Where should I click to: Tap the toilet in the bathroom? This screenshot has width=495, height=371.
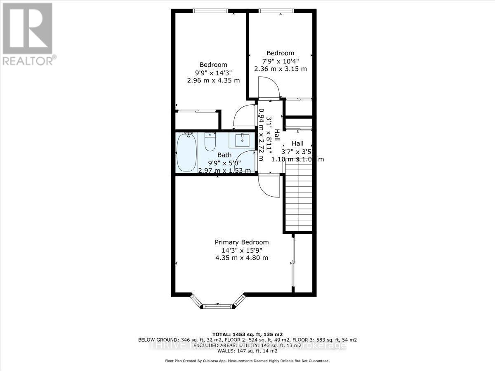[210, 143]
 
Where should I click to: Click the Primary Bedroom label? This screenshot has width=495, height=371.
[241, 242]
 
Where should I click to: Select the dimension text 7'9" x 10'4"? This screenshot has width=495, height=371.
[280, 61]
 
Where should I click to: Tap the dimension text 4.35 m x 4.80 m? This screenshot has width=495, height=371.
[241, 258]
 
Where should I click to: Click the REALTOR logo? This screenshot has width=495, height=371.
[28, 33]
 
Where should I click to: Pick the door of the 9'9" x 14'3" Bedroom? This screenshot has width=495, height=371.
[244, 115]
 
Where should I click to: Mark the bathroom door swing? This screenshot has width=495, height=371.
[247, 160]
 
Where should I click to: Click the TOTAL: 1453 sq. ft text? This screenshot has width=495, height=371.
[247, 334]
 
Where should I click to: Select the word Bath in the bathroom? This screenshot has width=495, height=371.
[224, 155]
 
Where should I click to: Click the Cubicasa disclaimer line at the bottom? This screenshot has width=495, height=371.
[247, 361]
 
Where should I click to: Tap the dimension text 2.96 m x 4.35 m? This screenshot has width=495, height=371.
[213, 80]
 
